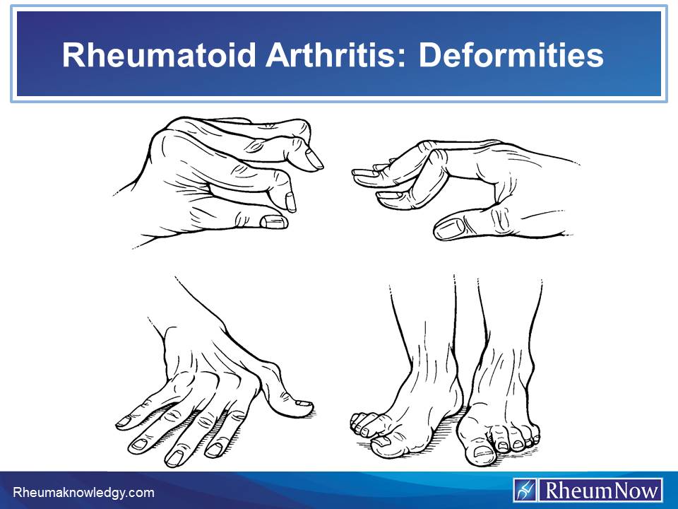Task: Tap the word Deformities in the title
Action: (511, 55)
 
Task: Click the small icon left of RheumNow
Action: (526, 490)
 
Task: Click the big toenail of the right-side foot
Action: (483, 450)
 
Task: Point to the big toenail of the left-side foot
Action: (380, 440)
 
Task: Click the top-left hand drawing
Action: (226, 180)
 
